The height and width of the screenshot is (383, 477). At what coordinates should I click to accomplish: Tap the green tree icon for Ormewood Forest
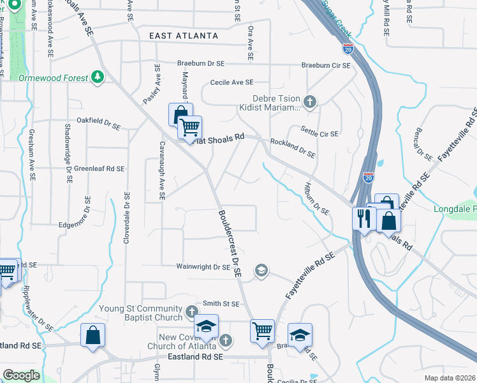(x=98, y=77)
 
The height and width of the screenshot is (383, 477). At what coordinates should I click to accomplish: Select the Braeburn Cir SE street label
(x=326, y=65)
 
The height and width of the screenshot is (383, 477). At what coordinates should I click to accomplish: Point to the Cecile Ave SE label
(x=232, y=82)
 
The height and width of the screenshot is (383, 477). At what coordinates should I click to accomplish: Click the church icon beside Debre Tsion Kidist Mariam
(x=310, y=101)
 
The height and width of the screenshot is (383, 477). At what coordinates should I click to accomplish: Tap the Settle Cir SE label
(x=319, y=134)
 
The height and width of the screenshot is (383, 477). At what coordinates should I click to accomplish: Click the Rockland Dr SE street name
(x=293, y=148)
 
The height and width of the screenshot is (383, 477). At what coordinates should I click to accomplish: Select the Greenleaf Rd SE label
(x=99, y=169)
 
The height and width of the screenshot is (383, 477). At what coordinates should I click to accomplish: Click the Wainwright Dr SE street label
(x=203, y=267)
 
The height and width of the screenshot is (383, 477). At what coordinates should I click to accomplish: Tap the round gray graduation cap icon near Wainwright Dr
(x=261, y=271)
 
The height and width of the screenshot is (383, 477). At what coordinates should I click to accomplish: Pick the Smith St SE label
(x=221, y=304)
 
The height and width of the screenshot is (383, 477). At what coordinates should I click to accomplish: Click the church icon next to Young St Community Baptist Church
(x=192, y=313)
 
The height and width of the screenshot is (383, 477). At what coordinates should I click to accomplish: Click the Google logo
(x=21, y=375)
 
